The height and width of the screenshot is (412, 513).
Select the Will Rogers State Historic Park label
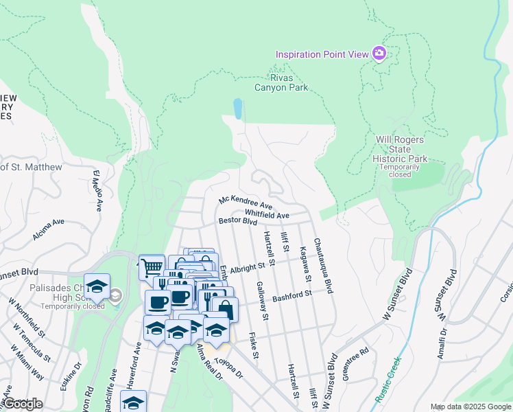tap(401, 149)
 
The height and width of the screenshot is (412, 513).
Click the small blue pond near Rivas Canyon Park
tap(237, 108)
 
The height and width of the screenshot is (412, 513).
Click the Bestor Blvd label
tap(237, 221)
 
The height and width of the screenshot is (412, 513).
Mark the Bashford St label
tap(292, 296)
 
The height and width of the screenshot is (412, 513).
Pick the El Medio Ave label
tap(97, 190)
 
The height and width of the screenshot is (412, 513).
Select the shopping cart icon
tap(151, 267)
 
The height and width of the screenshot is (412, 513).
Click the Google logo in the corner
tap(22, 404)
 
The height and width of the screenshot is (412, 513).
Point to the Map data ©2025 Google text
tap(470, 407)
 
